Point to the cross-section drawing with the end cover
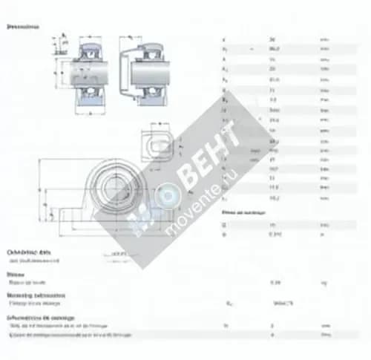pos(148,74)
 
